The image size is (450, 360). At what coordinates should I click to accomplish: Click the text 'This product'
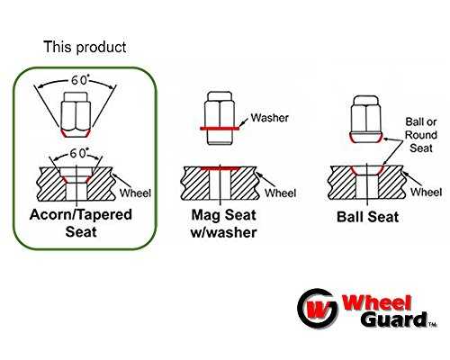point(85,48)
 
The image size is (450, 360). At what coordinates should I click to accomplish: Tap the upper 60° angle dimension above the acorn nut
point(78,81)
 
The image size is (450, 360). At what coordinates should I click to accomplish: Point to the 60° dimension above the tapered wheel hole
point(77,154)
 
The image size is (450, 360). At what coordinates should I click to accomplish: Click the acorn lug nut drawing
point(76,114)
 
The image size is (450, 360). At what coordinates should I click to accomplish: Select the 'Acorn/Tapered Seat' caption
point(81,223)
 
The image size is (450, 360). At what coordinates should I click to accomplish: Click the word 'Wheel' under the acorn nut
point(135,193)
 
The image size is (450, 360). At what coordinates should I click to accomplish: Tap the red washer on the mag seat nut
point(220,129)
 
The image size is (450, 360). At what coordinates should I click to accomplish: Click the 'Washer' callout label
point(270,118)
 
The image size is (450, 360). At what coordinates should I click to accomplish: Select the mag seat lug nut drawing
point(220,118)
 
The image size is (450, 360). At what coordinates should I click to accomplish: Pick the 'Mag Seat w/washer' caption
point(224,224)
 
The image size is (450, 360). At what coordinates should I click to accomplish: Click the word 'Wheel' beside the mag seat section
point(280,193)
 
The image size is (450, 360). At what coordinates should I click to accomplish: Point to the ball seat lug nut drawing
point(366,119)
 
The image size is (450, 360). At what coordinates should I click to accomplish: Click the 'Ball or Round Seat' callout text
point(421,135)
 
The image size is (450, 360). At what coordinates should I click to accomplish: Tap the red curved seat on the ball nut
point(366,139)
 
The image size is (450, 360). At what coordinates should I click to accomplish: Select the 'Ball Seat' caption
point(368,217)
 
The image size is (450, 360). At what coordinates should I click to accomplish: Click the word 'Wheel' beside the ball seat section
point(426,192)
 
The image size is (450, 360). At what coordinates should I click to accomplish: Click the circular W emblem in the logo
point(318,309)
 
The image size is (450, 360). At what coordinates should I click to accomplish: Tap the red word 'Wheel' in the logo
point(376,303)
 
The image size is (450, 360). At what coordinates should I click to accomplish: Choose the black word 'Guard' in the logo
point(393,319)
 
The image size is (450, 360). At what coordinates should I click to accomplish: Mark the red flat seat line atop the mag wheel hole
point(220,168)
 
